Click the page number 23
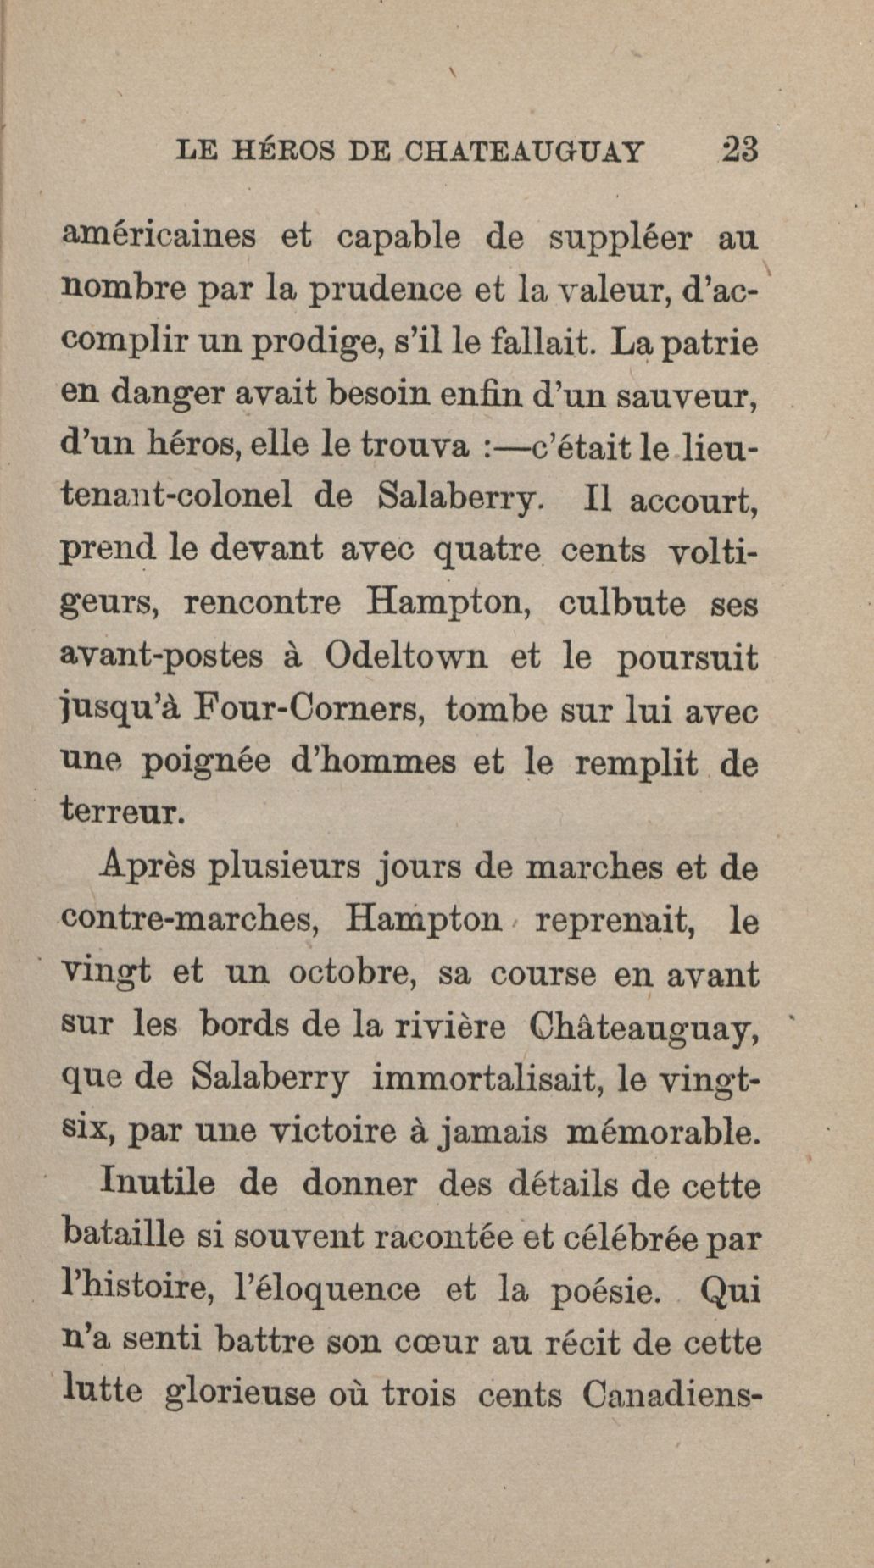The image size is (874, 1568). point(738,151)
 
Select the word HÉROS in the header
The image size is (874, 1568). point(284,152)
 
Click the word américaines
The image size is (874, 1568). point(158,236)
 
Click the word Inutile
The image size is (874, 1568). point(158,1183)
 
